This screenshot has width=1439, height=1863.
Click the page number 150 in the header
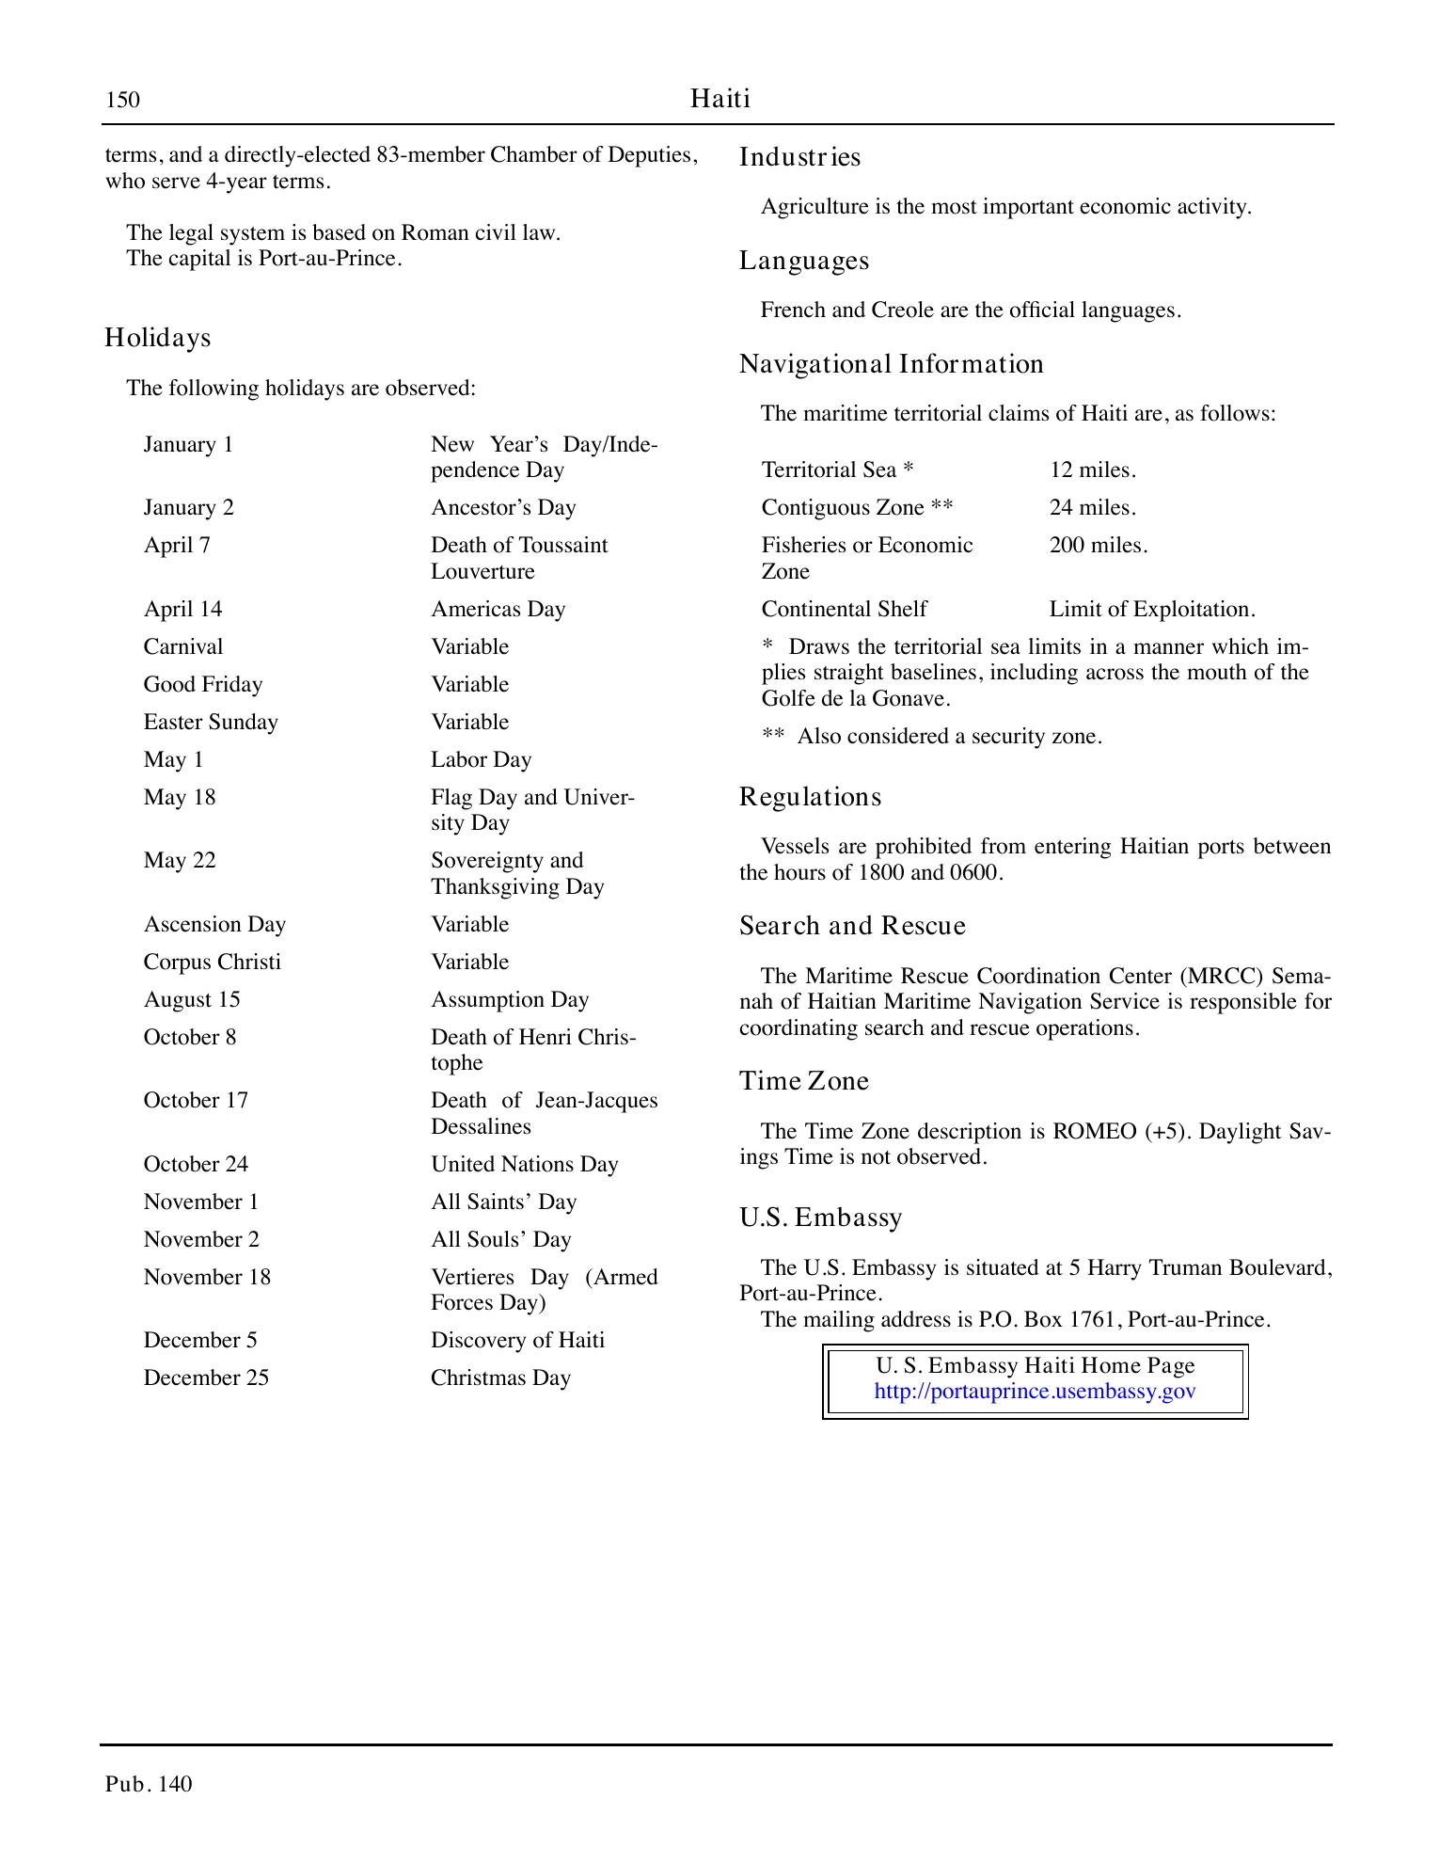(122, 100)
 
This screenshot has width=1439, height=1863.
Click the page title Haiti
(719, 99)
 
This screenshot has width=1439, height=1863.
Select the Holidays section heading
(157, 338)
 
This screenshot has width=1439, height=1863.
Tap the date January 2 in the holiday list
(188, 508)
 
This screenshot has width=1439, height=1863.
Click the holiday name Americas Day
(498, 610)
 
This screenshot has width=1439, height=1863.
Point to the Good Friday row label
(202, 685)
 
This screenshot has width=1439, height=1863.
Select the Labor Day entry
(481, 760)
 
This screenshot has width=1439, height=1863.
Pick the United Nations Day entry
(524, 1165)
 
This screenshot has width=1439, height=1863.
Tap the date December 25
(206, 1378)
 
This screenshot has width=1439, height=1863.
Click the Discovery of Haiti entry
(517, 1341)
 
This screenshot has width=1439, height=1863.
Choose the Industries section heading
(799, 157)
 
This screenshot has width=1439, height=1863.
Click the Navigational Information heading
(891, 364)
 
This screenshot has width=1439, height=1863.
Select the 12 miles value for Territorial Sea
(1092, 470)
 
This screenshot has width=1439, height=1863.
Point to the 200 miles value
(1098, 546)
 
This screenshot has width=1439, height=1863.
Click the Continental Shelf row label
(844, 610)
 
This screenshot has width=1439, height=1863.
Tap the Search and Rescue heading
(852, 926)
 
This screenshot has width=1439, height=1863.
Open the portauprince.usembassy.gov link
(1035, 1392)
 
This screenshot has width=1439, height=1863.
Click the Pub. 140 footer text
(149, 1784)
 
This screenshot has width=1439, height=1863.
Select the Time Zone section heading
(803, 1081)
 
